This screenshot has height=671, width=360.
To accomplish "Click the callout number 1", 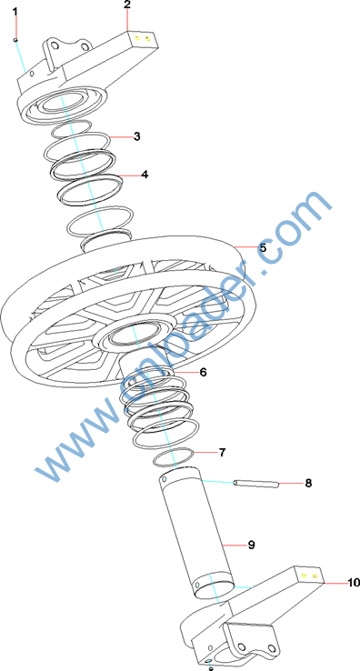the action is click(15, 12).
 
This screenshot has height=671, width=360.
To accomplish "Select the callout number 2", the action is click(127, 5).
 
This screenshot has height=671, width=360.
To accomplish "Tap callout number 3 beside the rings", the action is click(136, 136).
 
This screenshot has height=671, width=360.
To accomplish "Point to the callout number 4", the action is click(145, 175).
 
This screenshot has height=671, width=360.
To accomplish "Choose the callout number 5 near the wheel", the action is click(263, 247).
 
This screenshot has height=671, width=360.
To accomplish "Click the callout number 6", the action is click(203, 372).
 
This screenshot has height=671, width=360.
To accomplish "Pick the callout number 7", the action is click(222, 452).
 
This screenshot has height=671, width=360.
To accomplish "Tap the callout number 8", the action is click(308, 483).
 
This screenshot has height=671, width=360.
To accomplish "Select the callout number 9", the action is click(251, 545).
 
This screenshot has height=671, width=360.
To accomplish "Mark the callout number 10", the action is click(354, 583).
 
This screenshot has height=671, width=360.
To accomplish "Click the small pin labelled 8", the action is click(256, 484).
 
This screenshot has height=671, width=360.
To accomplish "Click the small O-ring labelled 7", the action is click(175, 457).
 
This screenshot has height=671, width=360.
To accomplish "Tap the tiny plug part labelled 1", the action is click(15, 40).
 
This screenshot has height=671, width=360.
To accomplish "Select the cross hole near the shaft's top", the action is click(163, 480).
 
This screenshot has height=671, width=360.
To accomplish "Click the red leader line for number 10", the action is click(335, 583).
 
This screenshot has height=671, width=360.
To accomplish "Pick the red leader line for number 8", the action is click(291, 483).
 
